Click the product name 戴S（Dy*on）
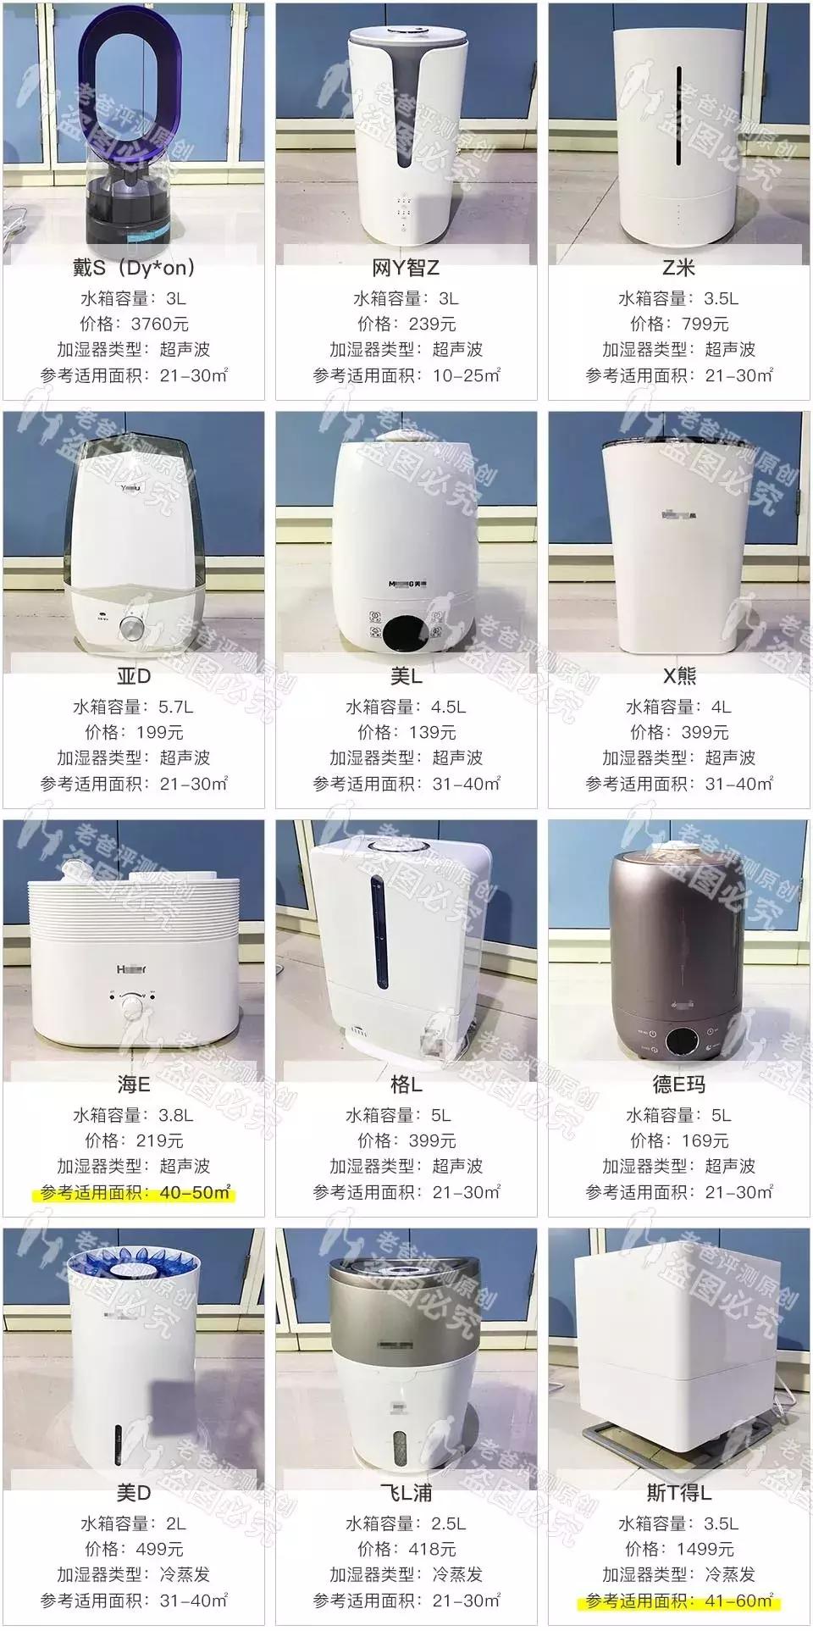tap(134, 269)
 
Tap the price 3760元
tap(159, 324)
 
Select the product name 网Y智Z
tap(406, 269)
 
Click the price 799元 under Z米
tap(705, 324)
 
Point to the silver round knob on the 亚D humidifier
tap(131, 628)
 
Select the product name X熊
tap(679, 676)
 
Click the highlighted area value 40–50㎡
tap(195, 1192)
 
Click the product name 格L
tap(406, 1085)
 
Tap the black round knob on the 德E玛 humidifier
tap(679, 1041)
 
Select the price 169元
tap(705, 1140)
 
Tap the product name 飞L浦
tap(406, 1493)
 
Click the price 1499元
tap(705, 1549)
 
